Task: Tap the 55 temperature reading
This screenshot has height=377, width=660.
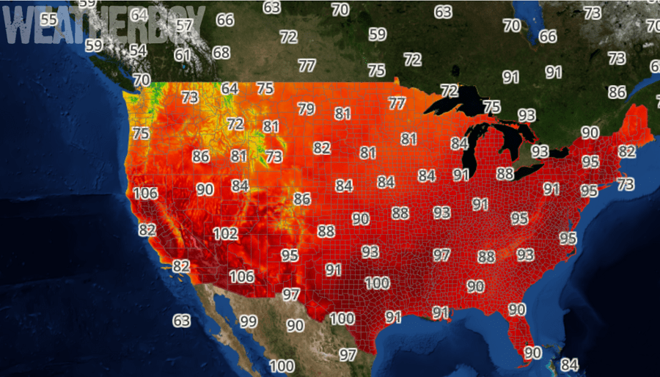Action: tap(49, 19)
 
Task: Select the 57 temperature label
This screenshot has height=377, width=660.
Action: tap(184, 26)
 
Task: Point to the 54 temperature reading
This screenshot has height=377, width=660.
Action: tap(138, 51)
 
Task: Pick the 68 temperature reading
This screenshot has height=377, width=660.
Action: tap(221, 53)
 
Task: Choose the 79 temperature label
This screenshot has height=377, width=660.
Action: tap(307, 109)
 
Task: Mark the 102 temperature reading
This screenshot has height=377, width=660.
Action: tap(225, 234)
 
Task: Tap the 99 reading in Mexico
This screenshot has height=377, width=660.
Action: tap(249, 321)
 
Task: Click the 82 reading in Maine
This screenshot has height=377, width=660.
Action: tap(627, 151)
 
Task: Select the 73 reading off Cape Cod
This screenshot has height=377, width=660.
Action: tap(626, 185)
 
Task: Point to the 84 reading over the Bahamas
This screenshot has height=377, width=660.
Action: tap(570, 365)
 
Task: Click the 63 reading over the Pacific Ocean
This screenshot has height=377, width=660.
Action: tap(182, 321)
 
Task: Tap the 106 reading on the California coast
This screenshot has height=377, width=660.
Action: tap(146, 194)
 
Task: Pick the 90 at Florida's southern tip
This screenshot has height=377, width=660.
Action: tap(532, 353)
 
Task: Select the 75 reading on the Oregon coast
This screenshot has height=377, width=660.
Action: tap(141, 133)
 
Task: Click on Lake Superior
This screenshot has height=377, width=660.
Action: tap(455, 103)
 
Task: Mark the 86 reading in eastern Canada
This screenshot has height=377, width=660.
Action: tap(617, 92)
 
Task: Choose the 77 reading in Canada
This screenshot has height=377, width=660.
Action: tap(307, 66)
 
